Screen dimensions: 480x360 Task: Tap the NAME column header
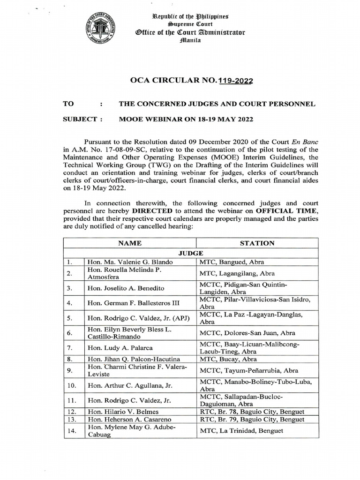click(129, 243)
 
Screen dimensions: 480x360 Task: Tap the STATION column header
click(257, 243)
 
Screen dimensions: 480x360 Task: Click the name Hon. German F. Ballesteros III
click(135, 303)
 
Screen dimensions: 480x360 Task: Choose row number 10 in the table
click(73, 385)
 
